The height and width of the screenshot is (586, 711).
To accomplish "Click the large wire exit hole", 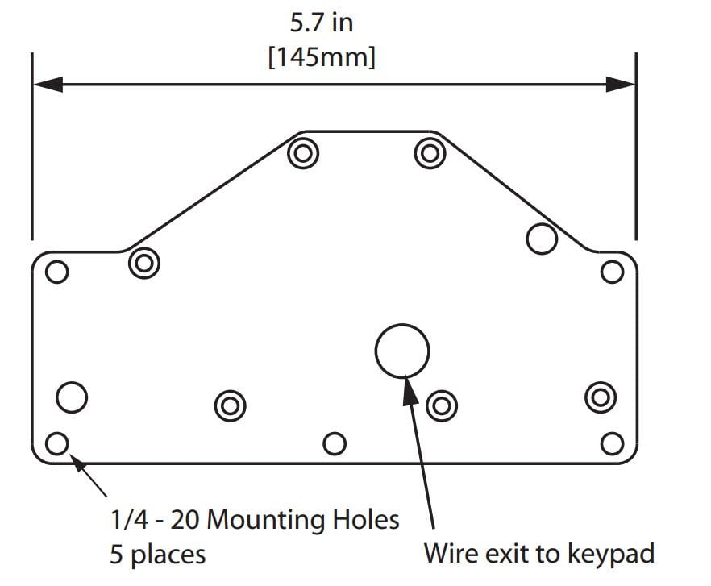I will coord(402,351).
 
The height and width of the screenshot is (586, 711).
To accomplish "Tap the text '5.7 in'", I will coord(322,23).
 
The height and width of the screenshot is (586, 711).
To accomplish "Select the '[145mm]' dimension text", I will coord(322,59).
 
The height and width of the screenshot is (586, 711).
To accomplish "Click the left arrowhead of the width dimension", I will coord(47,84).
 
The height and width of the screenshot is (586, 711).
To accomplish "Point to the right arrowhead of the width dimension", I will coord(621,84).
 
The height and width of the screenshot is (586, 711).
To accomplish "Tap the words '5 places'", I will coord(157,555).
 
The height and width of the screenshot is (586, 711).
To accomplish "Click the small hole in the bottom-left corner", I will coord(56,443).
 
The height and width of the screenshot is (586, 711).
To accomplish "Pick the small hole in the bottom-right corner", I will coord(613,443).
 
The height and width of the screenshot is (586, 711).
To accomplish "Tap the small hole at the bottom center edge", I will coord(334,443).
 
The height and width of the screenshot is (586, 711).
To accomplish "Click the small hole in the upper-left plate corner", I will coord(56,272).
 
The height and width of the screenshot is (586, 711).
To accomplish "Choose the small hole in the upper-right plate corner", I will coord(613,272).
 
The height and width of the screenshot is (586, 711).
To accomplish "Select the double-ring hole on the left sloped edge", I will coord(144,263).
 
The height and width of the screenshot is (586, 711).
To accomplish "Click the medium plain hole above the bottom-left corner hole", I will coord(72,397).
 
